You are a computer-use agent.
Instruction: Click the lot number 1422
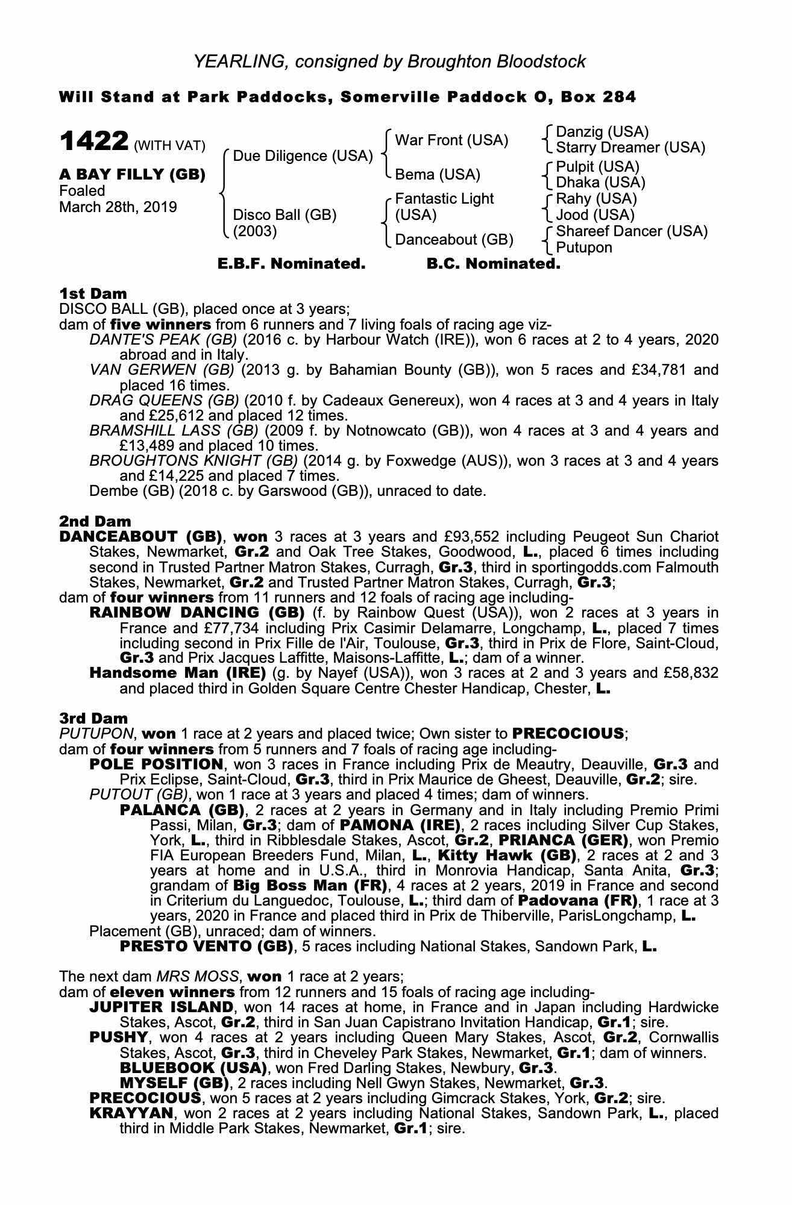point(94,142)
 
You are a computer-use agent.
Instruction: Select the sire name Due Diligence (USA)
point(303,156)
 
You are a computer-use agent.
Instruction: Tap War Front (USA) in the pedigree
point(451,140)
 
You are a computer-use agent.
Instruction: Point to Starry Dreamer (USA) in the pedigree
point(630,148)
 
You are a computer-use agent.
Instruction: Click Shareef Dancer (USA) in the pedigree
point(631,231)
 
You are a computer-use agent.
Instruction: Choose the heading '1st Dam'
point(93,294)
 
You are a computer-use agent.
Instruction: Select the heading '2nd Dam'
point(95,521)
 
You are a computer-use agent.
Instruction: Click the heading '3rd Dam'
point(93,718)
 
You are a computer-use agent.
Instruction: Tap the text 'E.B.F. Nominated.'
point(291,264)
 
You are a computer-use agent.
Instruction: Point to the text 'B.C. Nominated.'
point(493,264)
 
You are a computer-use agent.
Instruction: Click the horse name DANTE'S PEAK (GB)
point(163,340)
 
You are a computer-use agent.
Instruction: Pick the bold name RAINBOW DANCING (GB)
point(196,613)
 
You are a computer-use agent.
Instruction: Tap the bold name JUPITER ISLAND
point(161,1007)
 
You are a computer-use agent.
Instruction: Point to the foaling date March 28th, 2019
point(118,207)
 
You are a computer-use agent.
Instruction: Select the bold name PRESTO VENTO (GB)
point(206,946)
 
